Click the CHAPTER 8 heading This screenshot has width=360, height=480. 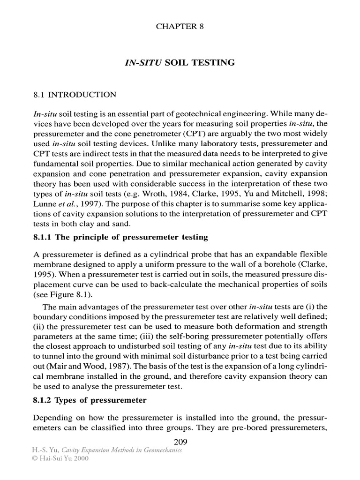[x=180, y=26]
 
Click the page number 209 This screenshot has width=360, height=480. [x=180, y=441]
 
